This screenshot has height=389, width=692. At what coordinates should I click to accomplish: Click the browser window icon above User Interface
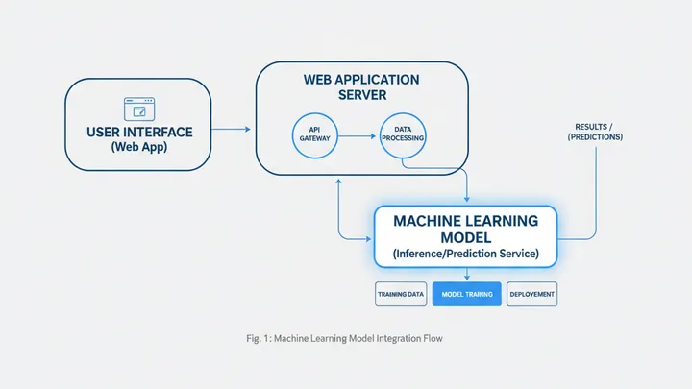tap(138, 108)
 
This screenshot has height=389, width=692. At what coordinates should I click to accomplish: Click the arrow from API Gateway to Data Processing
tap(358, 136)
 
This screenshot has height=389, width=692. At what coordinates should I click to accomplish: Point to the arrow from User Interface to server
tap(232, 128)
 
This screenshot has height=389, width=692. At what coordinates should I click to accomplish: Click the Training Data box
tap(400, 295)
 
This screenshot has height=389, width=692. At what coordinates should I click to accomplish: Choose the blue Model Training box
tap(466, 295)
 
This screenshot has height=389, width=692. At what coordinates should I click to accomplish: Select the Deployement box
tap(531, 295)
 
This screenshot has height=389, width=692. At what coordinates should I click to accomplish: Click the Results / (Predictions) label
tap(598, 132)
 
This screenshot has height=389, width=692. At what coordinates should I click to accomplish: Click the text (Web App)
tap(138, 147)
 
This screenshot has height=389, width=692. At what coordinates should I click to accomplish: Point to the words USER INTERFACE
tap(138, 131)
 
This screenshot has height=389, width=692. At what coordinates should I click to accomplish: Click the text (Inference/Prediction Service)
tap(465, 254)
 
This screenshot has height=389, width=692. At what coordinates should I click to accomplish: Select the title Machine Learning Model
tap(465, 228)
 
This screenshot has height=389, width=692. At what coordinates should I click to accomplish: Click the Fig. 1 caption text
tap(346, 338)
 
